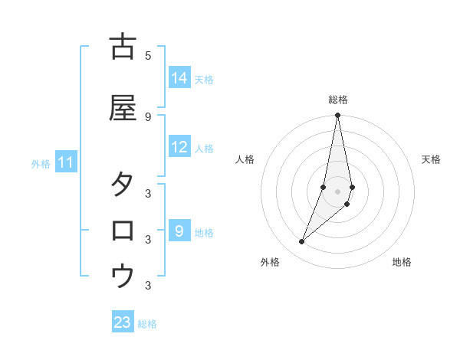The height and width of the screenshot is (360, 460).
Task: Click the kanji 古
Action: (x=123, y=47)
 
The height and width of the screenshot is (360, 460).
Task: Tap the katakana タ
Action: (x=123, y=185)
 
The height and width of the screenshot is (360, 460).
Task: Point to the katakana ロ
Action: (x=123, y=231)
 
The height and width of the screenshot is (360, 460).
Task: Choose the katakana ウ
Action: (x=123, y=277)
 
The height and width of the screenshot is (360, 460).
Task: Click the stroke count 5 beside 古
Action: (x=148, y=55)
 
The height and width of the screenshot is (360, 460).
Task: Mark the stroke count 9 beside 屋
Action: (x=148, y=116)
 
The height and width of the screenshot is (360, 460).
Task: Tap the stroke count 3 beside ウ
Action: (x=148, y=286)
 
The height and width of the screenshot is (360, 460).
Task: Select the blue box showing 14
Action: (x=179, y=78)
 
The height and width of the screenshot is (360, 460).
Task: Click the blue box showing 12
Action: (x=179, y=148)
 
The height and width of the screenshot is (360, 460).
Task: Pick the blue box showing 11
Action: (x=65, y=162)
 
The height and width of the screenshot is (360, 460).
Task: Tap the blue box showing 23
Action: (x=123, y=322)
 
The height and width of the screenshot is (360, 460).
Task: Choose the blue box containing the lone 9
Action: (x=179, y=231)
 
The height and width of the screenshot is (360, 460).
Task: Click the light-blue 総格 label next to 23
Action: (x=147, y=324)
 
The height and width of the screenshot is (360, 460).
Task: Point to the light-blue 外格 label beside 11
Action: (x=41, y=164)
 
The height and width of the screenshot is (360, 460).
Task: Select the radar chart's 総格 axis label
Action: (x=338, y=100)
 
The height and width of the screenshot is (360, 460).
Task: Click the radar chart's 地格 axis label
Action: (x=402, y=262)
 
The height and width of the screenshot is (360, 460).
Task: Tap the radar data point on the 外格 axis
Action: (x=301, y=242)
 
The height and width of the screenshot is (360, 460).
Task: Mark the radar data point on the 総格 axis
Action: (x=338, y=116)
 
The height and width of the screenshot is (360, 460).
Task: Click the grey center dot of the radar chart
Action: (x=338, y=191)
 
